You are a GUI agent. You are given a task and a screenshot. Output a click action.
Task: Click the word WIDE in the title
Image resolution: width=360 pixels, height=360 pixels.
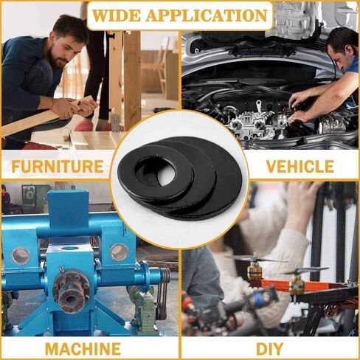[122, 15]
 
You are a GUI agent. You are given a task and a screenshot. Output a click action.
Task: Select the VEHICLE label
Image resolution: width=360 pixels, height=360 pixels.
[299, 166]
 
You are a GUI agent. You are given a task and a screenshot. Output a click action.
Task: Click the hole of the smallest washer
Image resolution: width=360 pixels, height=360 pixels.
[164, 175]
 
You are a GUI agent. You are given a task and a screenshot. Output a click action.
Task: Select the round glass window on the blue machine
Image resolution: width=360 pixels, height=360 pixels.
[119, 252]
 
